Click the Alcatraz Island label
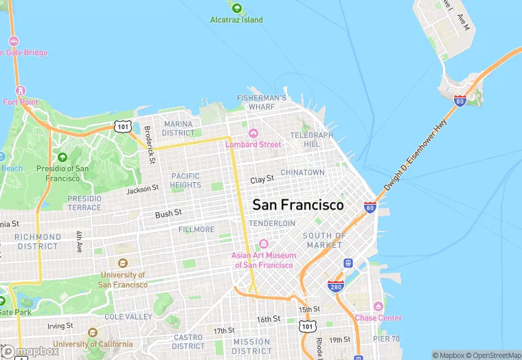coord(236,20)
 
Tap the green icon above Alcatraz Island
coord(237,8)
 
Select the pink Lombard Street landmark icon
coord(253,133)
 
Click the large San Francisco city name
coord(298,205)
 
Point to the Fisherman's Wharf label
coord(262,102)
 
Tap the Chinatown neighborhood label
coord(303,172)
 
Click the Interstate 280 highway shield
coord(335,286)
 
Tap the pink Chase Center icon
coord(378,306)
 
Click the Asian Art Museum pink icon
coord(264,245)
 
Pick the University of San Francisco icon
coord(123,263)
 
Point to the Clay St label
coord(262,179)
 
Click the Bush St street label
coord(168,214)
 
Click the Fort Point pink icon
coord(21,91)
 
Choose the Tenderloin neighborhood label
coord(272,223)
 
